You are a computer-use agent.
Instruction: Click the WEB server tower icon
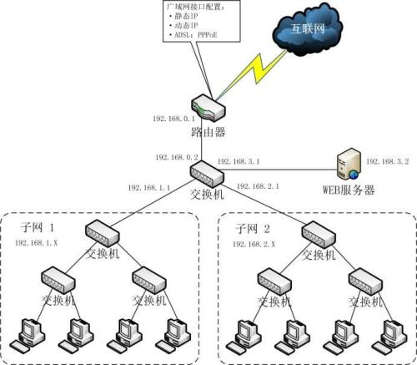(347, 164)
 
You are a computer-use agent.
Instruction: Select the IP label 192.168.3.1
(239, 160)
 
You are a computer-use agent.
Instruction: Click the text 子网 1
(37, 226)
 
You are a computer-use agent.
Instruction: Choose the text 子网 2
(252, 226)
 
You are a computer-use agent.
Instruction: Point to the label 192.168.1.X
(38, 242)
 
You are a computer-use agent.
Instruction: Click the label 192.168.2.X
(253, 242)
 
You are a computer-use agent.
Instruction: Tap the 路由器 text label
(205, 132)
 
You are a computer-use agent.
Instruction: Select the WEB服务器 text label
(349, 190)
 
